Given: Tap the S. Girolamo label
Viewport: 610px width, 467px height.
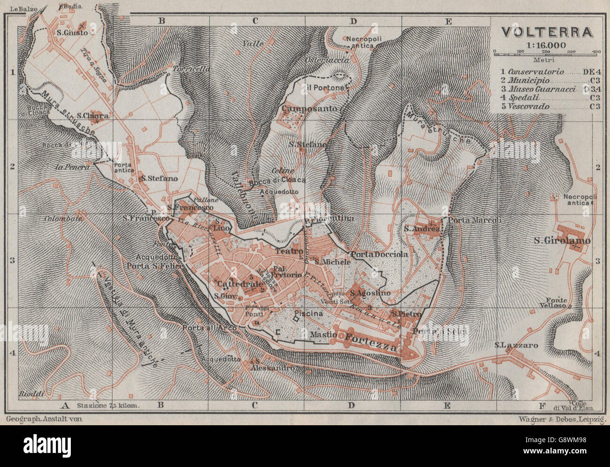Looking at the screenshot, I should tap(562, 241).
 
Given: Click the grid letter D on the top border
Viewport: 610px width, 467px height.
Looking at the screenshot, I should tap(353, 21).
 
